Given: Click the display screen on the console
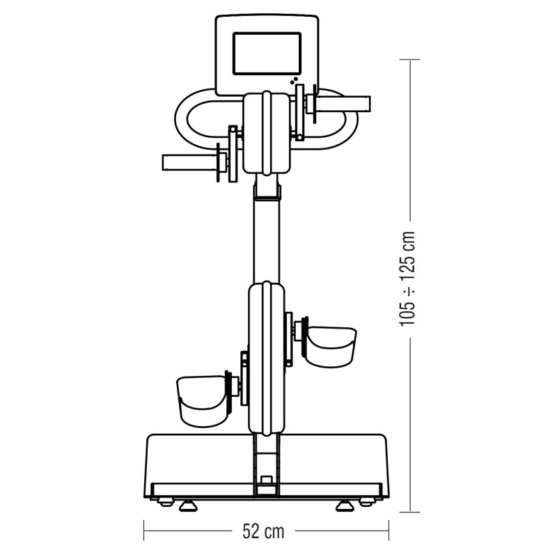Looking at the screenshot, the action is click(x=267, y=54).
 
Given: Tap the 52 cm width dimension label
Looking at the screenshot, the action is click(x=264, y=532).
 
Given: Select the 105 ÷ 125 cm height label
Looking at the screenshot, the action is click(x=407, y=278).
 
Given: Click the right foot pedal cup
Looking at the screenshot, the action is click(x=331, y=347).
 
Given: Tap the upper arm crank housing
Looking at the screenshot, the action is click(x=266, y=133).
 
